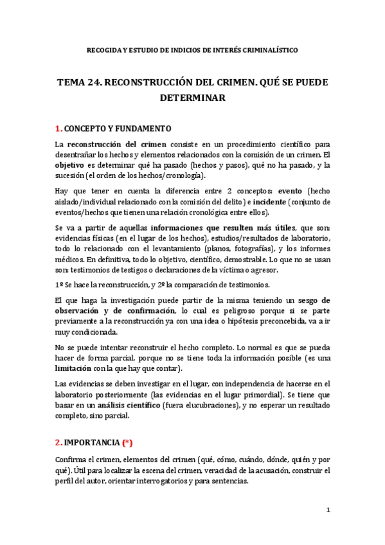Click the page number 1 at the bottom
(x=328, y=511)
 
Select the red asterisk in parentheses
(x=129, y=443)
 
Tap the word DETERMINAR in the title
(x=192, y=98)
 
